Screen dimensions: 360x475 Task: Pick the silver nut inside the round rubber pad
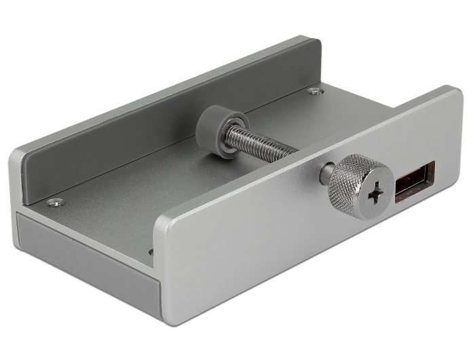223,130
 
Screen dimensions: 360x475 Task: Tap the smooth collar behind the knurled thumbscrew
326,175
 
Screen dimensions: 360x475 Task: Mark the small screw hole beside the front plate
151,252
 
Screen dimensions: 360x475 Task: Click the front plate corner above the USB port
453,95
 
